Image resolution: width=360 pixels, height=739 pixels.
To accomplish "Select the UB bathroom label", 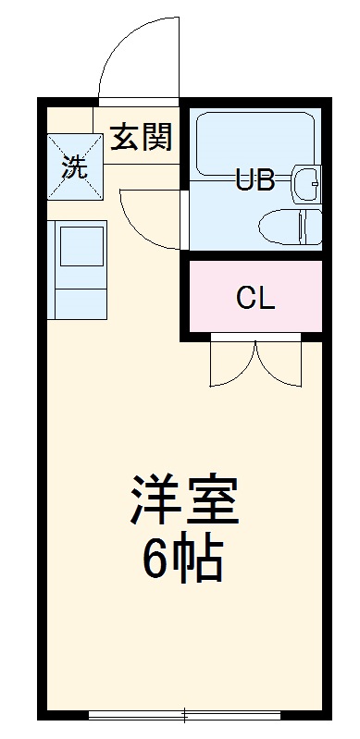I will pos(254,179).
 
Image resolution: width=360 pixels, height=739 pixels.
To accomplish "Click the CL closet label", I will pos(254,298).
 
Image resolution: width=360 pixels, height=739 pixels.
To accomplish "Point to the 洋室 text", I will pos(183,502).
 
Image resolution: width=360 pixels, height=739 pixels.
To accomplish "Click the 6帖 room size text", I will pos(183,558).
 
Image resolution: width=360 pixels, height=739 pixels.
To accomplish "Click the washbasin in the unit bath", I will pos(306,182).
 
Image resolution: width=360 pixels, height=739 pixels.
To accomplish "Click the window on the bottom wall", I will pos(185,714).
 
